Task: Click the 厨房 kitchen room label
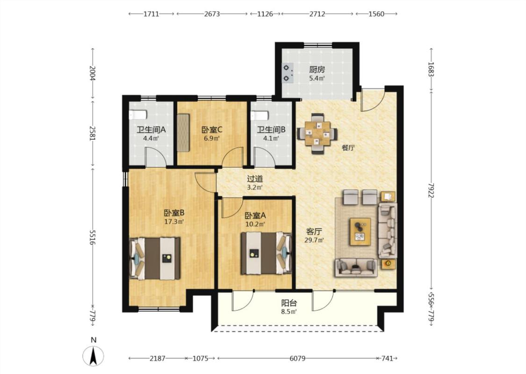(317, 70)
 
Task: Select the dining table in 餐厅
(317, 134)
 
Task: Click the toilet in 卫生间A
(138, 115)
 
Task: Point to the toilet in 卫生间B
(259, 115)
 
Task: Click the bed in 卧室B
(155, 258)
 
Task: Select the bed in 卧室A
(267, 253)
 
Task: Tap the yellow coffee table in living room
(360, 231)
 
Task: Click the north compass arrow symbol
(94, 355)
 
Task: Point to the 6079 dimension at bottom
(297, 358)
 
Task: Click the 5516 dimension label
(93, 237)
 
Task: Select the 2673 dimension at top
(212, 14)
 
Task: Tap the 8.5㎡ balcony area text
(289, 312)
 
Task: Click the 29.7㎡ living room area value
(314, 240)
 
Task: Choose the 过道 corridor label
(255, 179)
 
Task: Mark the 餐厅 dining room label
(348, 148)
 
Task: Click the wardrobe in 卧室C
(183, 132)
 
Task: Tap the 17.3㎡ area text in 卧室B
(174, 222)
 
